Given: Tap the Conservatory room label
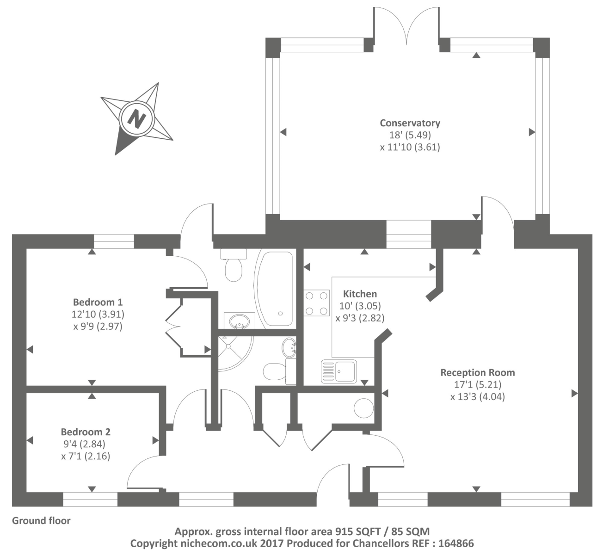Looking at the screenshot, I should click(x=410, y=123).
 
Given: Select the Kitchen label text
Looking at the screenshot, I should click(x=360, y=294).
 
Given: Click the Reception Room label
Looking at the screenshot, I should click(x=477, y=372).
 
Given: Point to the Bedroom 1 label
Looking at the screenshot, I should click(x=98, y=302).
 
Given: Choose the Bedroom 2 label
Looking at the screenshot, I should click(x=86, y=432).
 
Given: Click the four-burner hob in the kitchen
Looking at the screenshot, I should click(x=316, y=303).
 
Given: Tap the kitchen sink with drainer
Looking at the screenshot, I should click(x=339, y=371).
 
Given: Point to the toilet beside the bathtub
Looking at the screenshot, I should click(x=234, y=265).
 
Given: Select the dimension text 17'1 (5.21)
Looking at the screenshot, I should click(x=478, y=384).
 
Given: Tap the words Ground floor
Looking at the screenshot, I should click(x=41, y=521).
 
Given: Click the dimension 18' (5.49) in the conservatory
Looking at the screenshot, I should click(x=410, y=135).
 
